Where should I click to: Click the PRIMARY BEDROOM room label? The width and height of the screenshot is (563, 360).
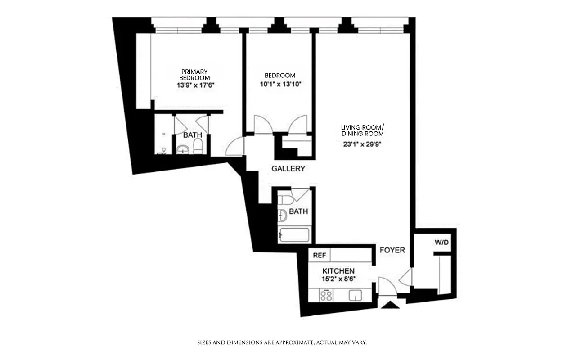[194, 75]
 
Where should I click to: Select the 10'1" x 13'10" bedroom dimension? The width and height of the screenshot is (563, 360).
[280, 84]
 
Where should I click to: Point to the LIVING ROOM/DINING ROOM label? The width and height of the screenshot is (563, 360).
[362, 130]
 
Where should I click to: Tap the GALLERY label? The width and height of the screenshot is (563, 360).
[288, 169]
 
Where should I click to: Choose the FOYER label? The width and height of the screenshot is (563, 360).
[392, 250]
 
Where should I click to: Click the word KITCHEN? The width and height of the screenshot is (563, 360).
[338, 271]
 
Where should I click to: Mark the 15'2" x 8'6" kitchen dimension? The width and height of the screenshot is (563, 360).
[338, 279]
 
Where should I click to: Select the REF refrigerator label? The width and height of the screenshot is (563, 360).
[319, 255]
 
